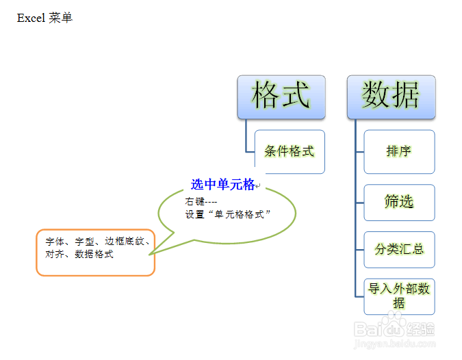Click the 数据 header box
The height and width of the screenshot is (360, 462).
(391, 96)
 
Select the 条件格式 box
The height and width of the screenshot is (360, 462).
(290, 151)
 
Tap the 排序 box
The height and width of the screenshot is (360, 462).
(399, 151)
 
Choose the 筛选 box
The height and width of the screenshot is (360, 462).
(399, 203)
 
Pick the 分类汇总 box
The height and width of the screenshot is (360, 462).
(399, 250)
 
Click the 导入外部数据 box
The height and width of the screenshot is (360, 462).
(399, 296)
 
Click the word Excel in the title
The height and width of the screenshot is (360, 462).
(31, 18)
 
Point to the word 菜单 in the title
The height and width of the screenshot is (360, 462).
(61, 18)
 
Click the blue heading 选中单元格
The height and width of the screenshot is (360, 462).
(222, 184)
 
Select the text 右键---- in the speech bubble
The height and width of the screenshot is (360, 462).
(201, 202)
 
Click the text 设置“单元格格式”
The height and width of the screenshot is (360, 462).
(229, 214)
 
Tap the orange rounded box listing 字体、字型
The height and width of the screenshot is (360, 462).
(96, 253)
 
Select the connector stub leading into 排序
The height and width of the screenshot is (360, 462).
(359, 151)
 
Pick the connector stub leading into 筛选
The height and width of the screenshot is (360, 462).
(359, 203)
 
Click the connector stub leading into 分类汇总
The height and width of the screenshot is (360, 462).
(359, 250)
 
